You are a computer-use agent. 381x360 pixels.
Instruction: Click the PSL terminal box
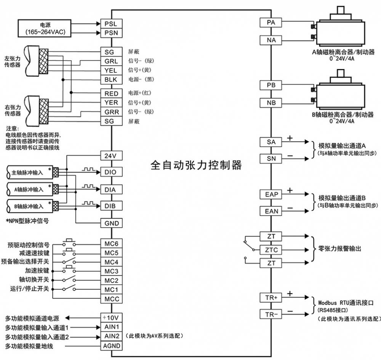coord(111,23)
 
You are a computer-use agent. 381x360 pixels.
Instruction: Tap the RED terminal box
coord(111,93)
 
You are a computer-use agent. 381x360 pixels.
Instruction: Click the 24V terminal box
coord(111,156)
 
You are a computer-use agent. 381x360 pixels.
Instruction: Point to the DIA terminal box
coord(111,190)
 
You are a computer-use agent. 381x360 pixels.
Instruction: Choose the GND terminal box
coord(111,223)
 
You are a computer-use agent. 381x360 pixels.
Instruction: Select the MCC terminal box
coord(111,299)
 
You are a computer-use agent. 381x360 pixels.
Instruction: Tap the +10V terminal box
coord(111,318)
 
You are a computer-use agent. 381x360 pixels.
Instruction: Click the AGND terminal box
coord(111,346)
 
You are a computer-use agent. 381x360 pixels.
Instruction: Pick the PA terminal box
coord(271,22)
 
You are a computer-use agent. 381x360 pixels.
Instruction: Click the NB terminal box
coord(271,103)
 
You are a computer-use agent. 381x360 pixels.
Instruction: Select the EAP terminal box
coord(271,194)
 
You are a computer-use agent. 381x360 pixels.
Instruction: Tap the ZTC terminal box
coord(271,250)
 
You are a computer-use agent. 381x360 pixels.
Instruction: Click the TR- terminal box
coord(271,314)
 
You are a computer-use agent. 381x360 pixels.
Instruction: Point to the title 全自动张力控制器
coord(196,165)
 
